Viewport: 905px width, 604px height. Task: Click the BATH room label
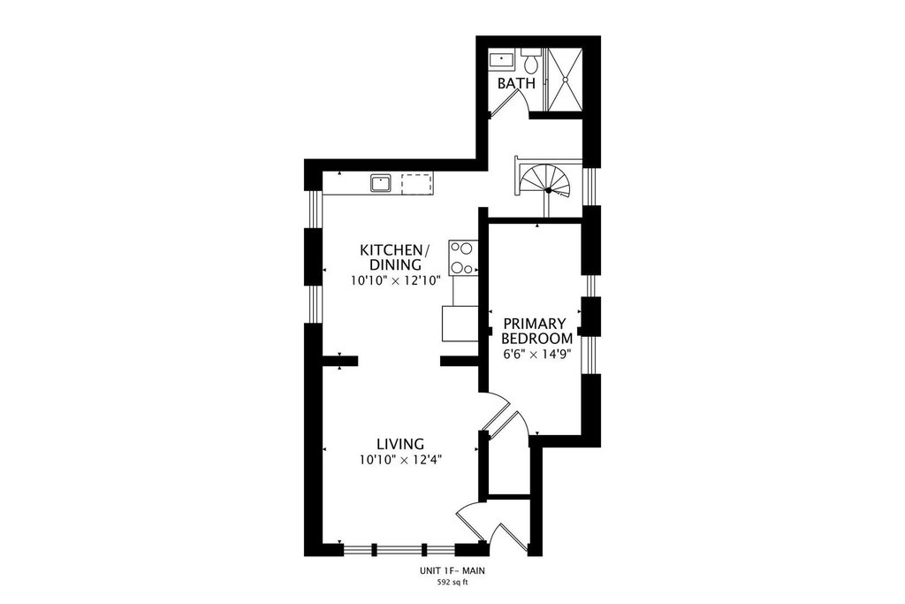point(516,83)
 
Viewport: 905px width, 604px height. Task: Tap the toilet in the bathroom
point(531,59)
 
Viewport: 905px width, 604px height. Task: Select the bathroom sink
point(503,59)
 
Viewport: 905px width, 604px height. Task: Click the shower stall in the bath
point(565,78)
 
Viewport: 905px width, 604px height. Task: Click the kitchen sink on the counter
point(381,183)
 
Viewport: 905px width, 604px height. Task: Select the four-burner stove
point(463,257)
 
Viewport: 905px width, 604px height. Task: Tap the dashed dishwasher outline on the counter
point(417,183)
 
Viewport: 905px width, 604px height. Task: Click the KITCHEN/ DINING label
point(395,257)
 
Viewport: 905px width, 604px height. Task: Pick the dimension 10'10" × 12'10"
point(396,281)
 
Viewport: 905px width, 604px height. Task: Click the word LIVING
point(400,444)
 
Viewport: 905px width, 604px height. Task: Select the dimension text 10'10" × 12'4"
point(400,460)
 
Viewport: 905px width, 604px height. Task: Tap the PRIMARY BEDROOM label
point(537,331)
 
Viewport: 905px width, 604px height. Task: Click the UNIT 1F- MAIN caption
point(452,571)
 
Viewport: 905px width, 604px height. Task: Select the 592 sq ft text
point(452,583)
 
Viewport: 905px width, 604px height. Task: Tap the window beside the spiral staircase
point(591,186)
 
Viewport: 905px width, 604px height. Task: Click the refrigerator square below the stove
point(460,324)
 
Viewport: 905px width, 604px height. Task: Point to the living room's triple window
point(399,548)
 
